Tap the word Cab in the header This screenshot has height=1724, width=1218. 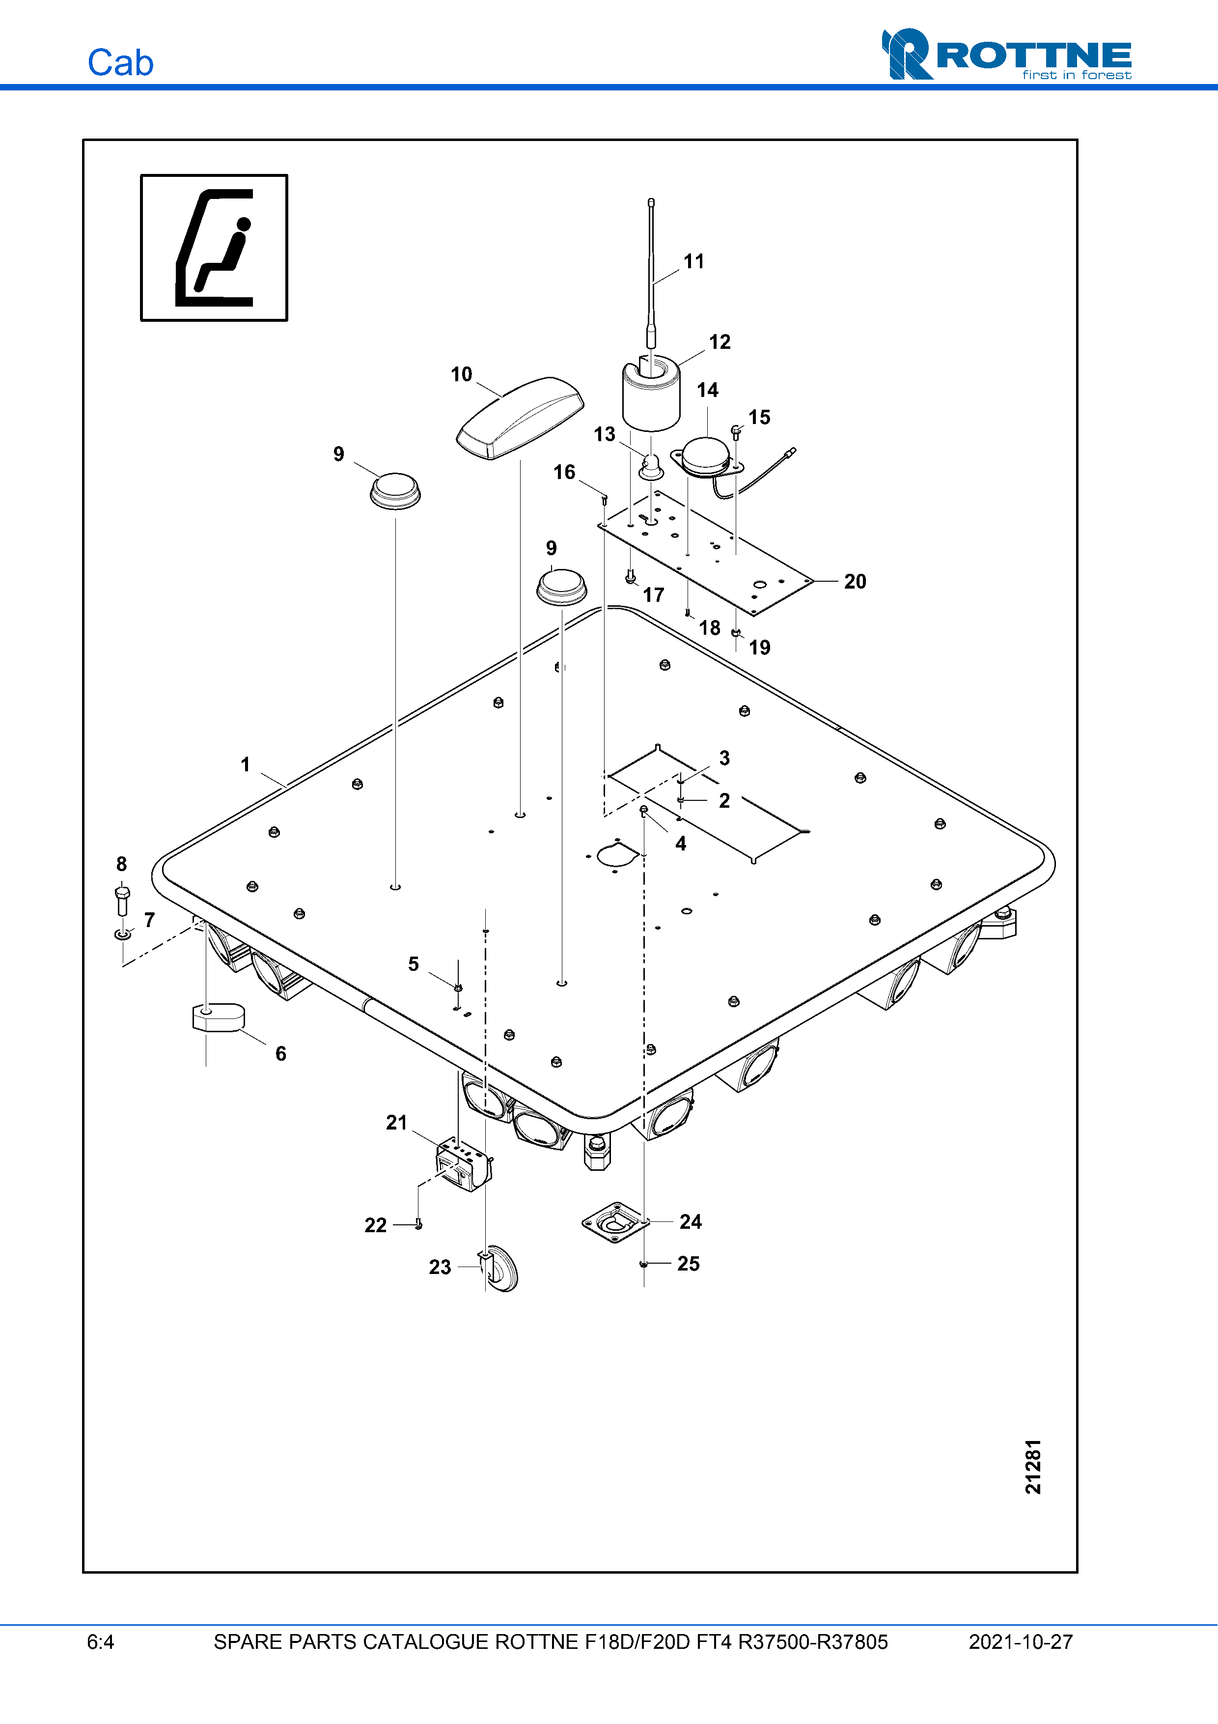point(120,63)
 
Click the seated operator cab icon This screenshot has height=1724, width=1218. point(214,248)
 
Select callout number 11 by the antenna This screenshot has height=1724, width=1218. point(693,261)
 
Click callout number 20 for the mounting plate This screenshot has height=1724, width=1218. point(855,581)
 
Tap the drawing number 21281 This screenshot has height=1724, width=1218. point(1033,1467)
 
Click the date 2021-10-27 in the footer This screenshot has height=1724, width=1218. point(1020,1642)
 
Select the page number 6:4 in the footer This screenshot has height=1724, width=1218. point(101,1642)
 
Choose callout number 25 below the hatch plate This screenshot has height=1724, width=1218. point(688,1264)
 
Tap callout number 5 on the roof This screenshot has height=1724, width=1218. point(413,963)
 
